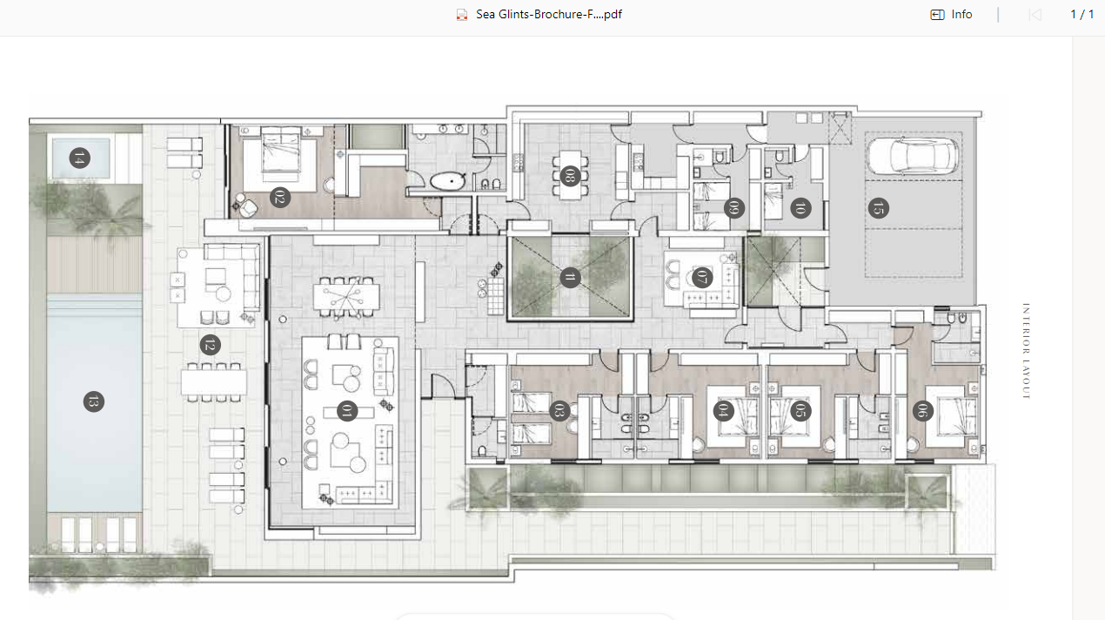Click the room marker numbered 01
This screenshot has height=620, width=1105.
347,411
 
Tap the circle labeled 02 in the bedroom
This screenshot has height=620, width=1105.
279,198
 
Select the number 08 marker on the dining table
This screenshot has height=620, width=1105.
570,176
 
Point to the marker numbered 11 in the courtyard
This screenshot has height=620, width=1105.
570,278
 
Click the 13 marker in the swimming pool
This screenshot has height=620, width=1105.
94,401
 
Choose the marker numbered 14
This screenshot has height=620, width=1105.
79,158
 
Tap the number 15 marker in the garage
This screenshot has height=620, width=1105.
878,208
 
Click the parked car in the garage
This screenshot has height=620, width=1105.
913,156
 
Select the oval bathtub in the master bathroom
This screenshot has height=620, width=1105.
448,181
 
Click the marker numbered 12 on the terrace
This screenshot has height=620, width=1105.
211,345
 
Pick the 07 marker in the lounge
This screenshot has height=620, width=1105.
702,278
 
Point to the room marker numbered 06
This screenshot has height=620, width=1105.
923,411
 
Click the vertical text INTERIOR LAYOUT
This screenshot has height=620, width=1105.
1026,351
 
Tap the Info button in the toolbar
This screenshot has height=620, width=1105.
952,14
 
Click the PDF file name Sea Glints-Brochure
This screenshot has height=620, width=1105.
548,14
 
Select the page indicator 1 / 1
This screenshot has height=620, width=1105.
1082,14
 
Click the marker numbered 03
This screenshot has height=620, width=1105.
559,411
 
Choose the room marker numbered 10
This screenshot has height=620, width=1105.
800,208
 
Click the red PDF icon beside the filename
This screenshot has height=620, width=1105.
462,15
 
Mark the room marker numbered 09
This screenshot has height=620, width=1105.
734,208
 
